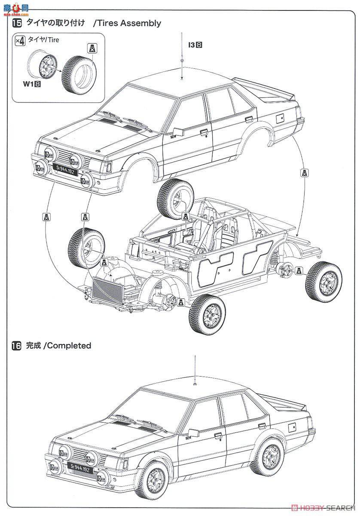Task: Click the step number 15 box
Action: point(17,23)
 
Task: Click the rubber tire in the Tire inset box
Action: point(79,71)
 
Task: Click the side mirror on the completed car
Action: point(192,433)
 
